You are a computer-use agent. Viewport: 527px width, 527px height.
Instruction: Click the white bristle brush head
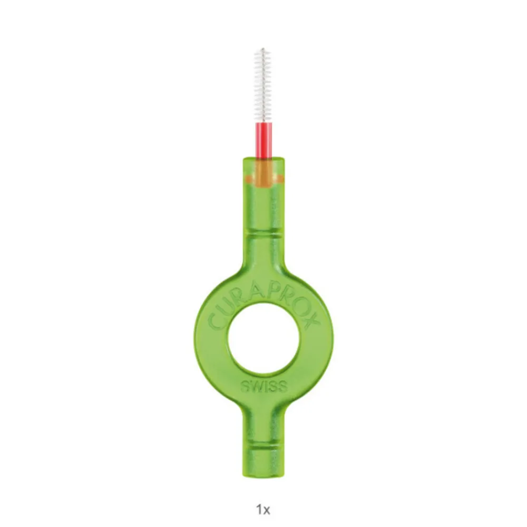(x=263, y=85)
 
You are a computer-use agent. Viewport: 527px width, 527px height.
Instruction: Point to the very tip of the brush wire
(x=263, y=48)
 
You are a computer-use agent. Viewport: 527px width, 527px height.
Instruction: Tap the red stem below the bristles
(x=263, y=140)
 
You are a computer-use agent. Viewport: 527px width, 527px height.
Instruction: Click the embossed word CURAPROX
(x=264, y=308)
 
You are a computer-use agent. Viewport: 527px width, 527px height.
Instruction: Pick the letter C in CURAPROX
(x=215, y=321)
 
